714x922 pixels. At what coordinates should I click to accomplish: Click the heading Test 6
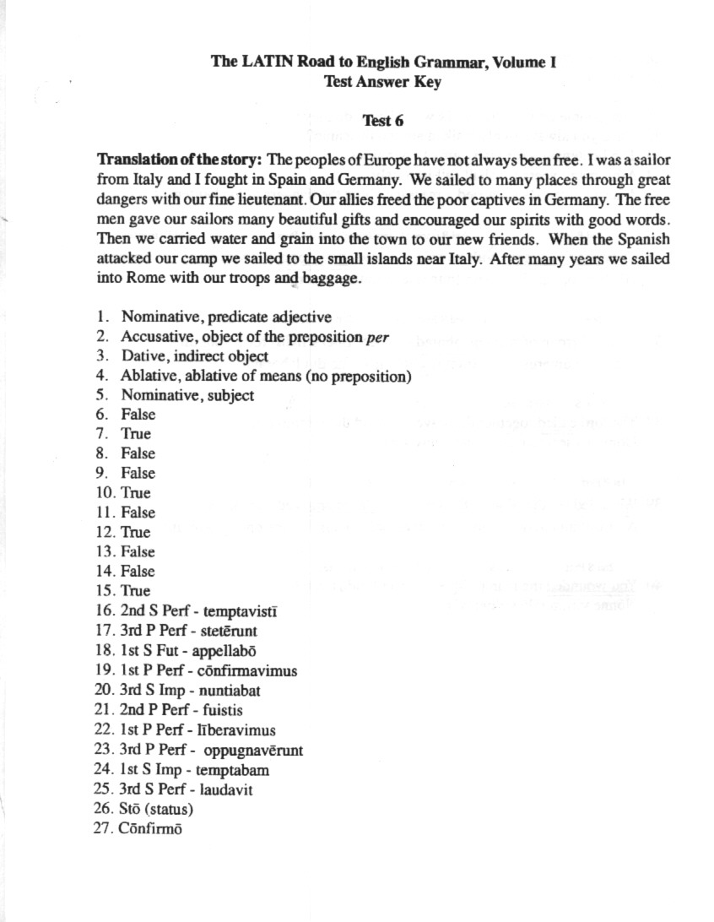(x=382, y=120)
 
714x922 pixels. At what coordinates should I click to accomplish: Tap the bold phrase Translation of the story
(x=181, y=160)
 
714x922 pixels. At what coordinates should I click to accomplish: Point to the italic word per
(x=377, y=337)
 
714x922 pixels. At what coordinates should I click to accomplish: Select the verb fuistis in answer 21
(x=219, y=710)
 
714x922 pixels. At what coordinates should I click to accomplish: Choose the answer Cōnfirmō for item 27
(x=151, y=828)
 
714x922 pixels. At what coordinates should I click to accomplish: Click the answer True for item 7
(x=136, y=434)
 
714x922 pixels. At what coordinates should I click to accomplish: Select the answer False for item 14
(x=138, y=572)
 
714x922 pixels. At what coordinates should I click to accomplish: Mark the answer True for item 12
(x=136, y=532)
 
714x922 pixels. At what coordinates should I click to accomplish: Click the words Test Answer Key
(x=382, y=82)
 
